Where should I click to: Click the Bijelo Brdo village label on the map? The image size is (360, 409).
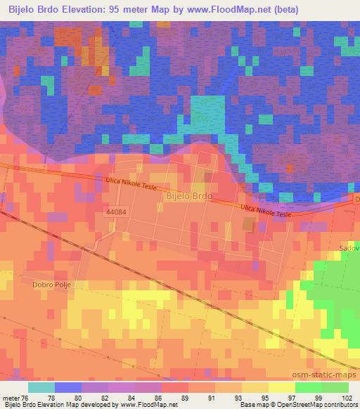coord(187,197)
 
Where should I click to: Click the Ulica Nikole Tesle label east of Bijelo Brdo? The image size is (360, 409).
coord(265,211)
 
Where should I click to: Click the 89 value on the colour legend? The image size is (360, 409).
coord(185,397)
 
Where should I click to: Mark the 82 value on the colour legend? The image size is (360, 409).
coord(105,397)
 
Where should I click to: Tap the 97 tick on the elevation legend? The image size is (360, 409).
coord(291,397)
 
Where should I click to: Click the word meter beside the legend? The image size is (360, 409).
coord(10,397)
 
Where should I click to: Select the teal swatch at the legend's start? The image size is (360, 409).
coord(41,387)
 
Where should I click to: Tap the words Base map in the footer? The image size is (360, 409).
coord(252,405)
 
